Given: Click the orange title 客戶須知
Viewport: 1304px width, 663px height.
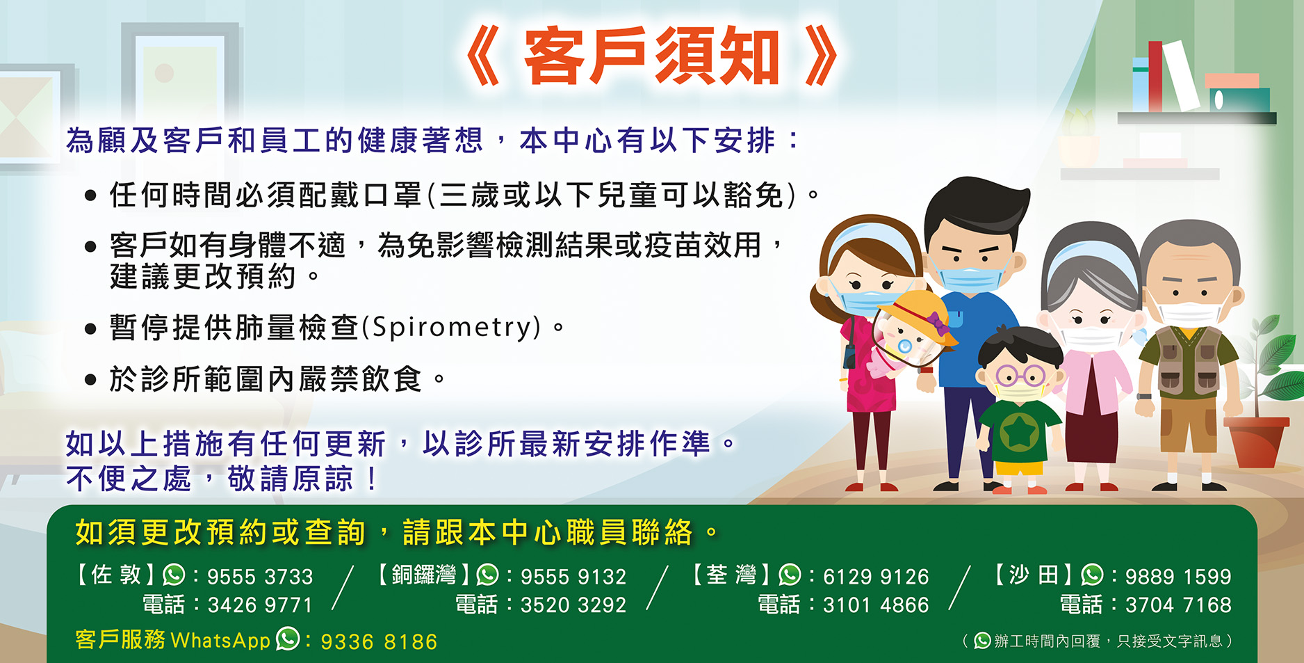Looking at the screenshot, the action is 651,56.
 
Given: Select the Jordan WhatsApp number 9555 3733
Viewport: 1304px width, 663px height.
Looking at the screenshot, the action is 260,577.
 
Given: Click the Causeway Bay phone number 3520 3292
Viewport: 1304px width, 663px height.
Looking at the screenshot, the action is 573,605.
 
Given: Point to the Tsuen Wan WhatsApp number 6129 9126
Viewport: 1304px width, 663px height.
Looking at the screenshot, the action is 876,577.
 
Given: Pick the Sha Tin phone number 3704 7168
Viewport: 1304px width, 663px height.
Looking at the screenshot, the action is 1178,605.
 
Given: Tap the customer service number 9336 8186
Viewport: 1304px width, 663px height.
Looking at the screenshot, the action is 379,641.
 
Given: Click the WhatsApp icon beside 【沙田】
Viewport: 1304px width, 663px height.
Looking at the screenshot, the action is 1092,575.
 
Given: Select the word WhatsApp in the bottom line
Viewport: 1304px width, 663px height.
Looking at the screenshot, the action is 220,640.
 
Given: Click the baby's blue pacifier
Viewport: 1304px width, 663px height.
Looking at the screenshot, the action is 904,346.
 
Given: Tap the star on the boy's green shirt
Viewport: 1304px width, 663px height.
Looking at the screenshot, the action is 1018,432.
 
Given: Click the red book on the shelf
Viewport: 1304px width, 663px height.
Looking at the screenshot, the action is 1155,76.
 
